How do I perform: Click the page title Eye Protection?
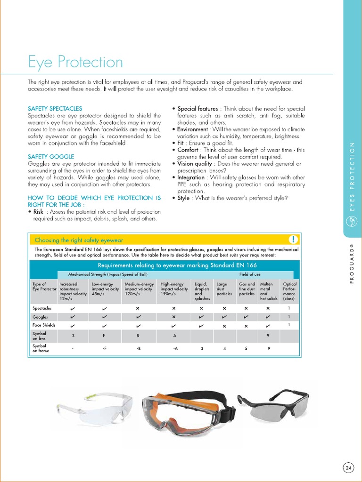75,62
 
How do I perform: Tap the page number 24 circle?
348,467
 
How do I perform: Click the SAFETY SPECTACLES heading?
55,108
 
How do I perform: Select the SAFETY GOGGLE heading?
51,156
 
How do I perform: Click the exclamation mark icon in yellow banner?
293,239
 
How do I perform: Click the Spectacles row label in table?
42,308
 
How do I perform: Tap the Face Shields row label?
44,325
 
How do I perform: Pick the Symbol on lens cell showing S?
73,336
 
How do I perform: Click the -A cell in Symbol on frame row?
175,349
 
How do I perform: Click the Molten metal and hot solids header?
268,291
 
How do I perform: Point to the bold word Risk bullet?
38,212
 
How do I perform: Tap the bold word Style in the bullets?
183,198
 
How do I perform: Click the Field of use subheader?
249,274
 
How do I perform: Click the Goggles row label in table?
40,317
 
